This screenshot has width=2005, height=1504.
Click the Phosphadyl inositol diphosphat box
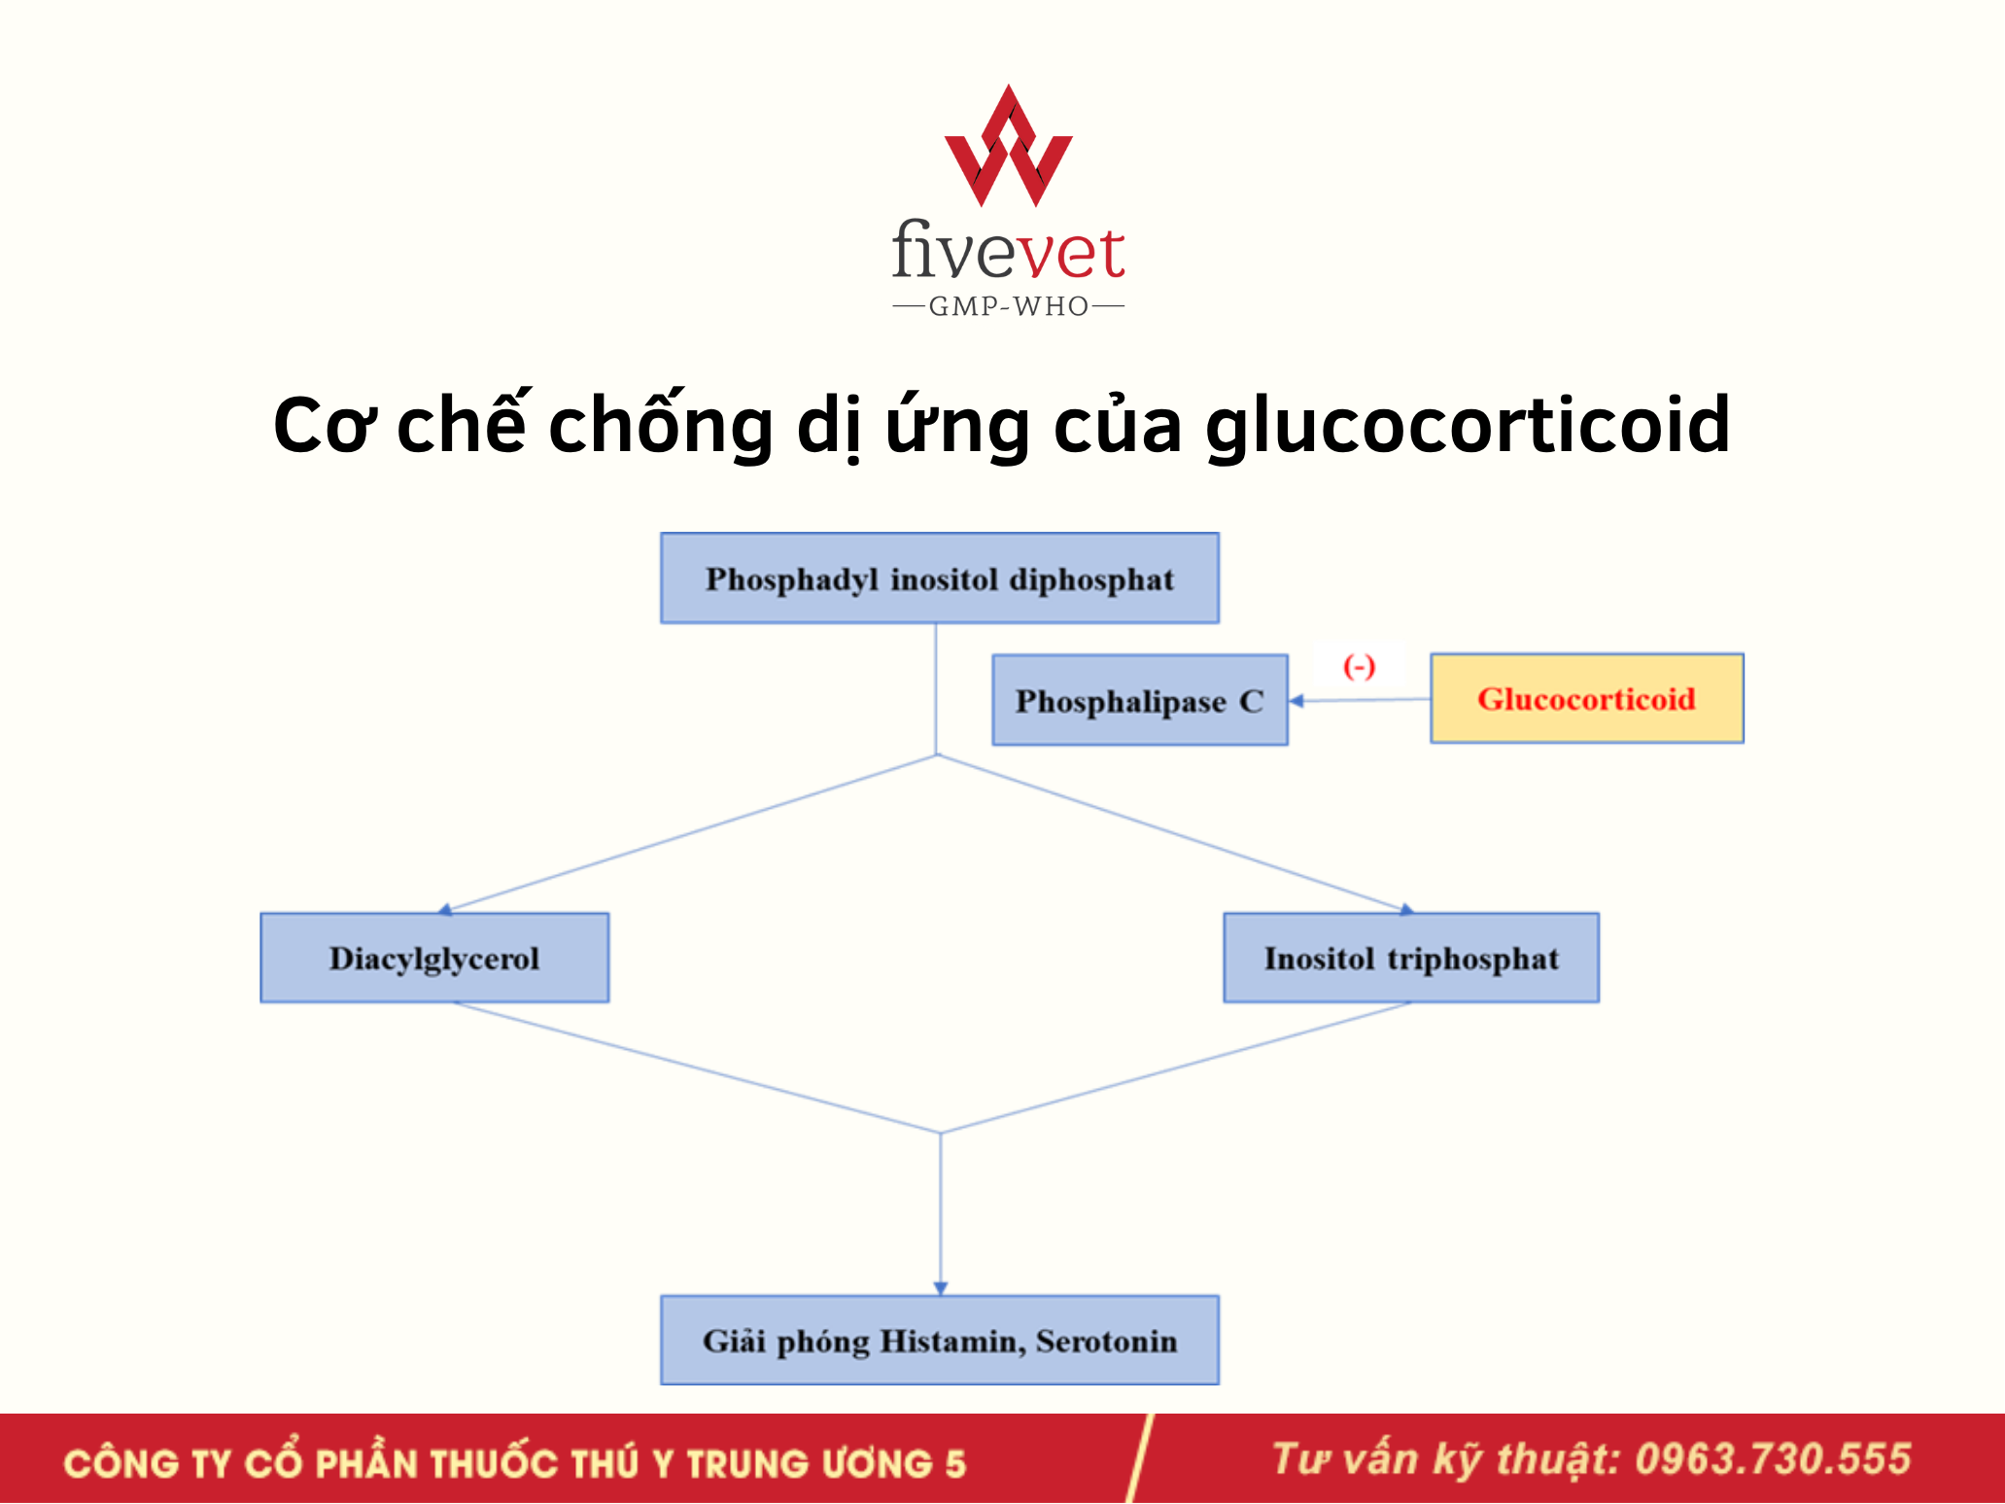coord(940,578)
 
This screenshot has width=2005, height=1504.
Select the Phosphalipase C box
coord(1140,700)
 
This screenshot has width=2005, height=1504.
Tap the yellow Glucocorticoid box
coord(1587,698)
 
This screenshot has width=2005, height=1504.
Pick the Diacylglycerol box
coord(434,958)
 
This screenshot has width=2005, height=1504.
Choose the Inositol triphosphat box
coord(1411,958)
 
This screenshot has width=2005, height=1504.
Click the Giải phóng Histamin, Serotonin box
coord(940,1340)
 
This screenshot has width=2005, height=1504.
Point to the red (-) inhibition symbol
coord(1359,667)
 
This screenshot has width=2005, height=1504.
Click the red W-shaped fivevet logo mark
coord(1009,146)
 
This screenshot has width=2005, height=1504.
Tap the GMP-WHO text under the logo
coord(1009,306)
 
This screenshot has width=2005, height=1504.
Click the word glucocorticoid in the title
coord(1468,426)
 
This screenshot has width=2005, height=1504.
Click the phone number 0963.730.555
coord(1773,1459)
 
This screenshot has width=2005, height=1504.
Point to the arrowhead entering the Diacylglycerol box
coord(445,910)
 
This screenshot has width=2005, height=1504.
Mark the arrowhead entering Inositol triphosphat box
coord(1406,910)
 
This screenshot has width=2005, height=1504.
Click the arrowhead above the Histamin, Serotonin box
coord(941,1288)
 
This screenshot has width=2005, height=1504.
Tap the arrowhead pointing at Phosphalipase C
coord(1296,700)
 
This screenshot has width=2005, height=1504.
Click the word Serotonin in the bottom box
coord(1106,1341)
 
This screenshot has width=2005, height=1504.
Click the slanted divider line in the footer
coord(1140,1458)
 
